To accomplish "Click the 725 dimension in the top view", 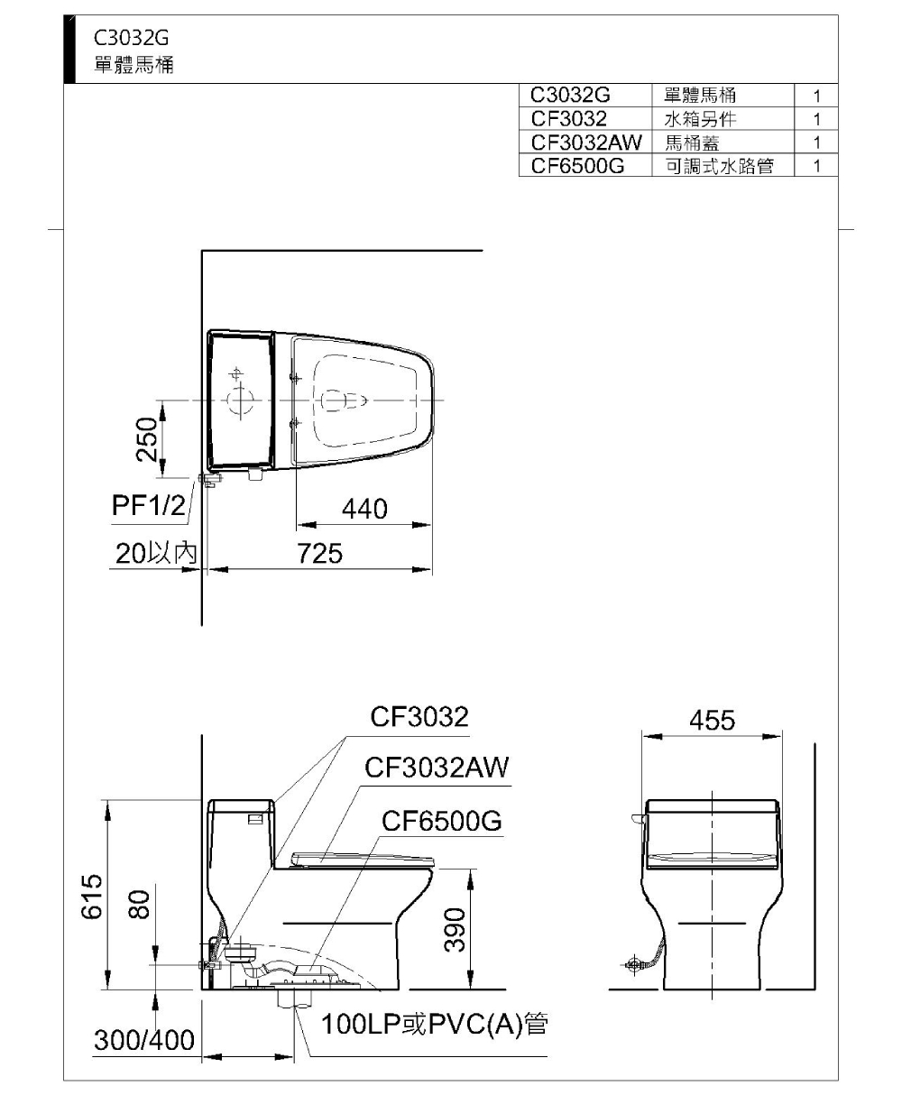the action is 319,554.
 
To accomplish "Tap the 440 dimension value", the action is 364,509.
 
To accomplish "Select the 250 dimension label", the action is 146,439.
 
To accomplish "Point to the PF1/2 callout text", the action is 149,505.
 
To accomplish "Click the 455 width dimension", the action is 712,721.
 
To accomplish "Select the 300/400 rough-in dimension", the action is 144,1040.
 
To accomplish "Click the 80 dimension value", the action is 138,905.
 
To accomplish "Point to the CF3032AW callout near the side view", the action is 437,768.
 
